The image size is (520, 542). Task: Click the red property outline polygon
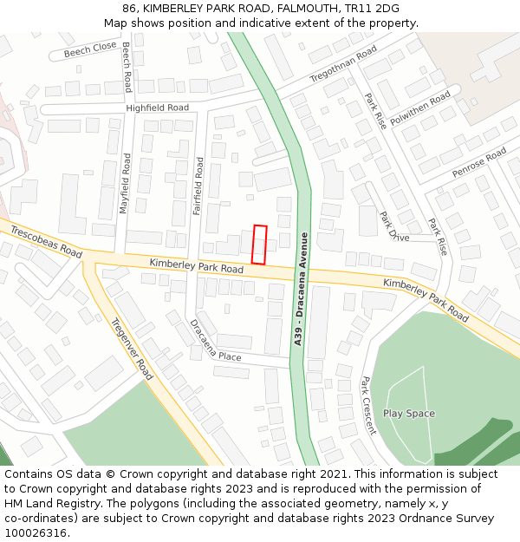pos(259,245)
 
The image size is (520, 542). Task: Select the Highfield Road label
pos(157,108)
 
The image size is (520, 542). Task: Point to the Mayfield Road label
pos(126,184)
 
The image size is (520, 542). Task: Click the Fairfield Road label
pos(198,186)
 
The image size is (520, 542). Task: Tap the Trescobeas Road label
pos(47,241)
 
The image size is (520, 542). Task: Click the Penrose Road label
pos(478,163)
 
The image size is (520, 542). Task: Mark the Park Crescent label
pos(368,405)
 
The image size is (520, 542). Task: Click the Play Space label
pos(408,414)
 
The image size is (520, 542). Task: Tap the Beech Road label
pos(127,67)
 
